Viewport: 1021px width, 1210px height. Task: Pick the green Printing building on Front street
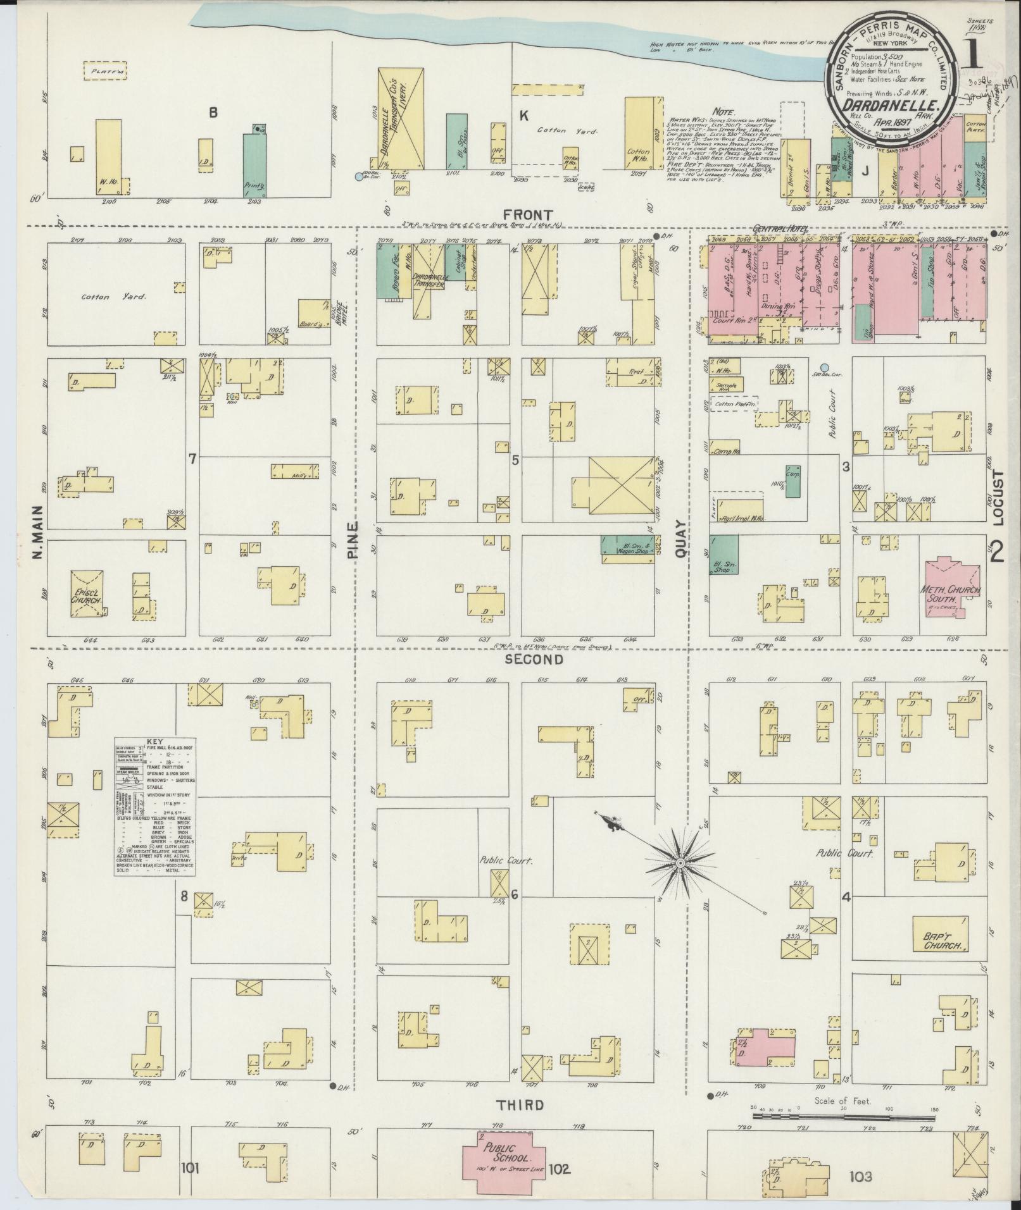(255, 166)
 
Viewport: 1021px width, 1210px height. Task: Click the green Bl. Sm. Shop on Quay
(723, 554)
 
